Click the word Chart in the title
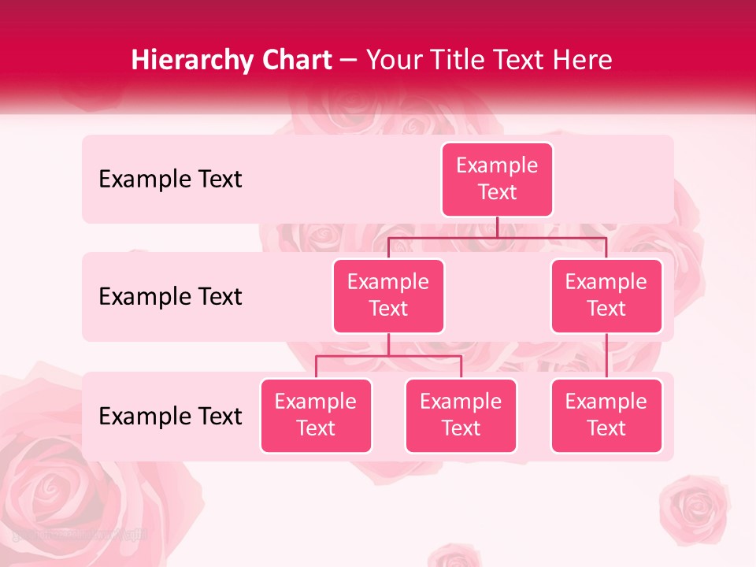point(295,60)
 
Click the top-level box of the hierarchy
point(497,179)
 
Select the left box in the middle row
point(388,295)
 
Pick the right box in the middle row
point(606,295)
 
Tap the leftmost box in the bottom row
point(316,415)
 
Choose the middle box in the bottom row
point(461,415)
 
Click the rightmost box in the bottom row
point(606,415)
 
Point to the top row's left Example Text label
point(170,180)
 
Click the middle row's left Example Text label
point(170,297)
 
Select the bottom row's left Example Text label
point(170,416)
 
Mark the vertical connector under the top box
point(497,227)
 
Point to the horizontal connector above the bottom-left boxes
point(388,356)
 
